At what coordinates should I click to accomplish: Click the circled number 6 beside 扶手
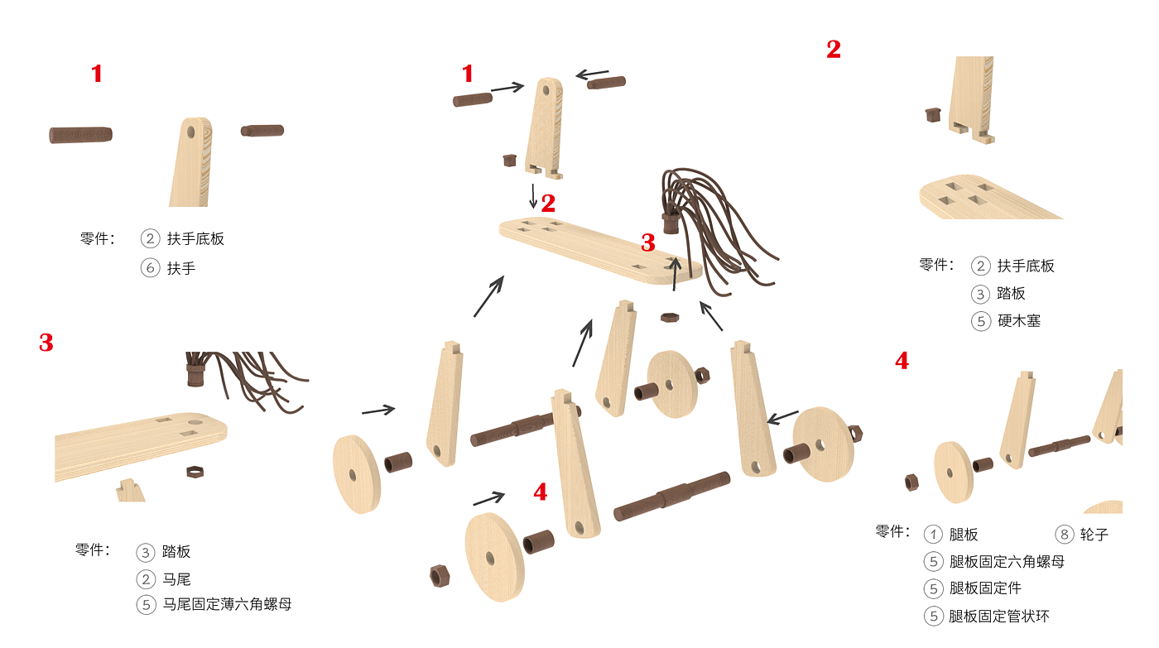coord(150,268)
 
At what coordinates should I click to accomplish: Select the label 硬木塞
coord(1019,320)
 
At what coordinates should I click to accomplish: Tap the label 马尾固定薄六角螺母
coord(227,604)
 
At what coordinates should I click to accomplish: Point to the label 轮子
coord(1094,535)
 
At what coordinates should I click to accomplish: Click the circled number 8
coord(1065,535)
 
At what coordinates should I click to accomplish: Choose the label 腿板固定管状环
coord(999,616)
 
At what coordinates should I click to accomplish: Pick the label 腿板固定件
coord(985,588)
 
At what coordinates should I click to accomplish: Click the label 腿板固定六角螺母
coord(1007,561)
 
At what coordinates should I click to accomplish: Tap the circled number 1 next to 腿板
coord(934,535)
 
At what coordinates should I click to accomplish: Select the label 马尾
coord(176,579)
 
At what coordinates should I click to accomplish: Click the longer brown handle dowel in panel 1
coord(81,135)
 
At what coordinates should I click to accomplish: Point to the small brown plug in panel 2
coord(933,114)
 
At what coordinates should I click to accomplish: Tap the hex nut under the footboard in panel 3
coord(195,472)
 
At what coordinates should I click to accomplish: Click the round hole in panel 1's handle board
coord(191,132)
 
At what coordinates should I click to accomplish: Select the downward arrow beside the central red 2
coord(533,196)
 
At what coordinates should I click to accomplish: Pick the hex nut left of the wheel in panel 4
coord(911,482)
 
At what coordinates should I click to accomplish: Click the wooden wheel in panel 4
coord(953,473)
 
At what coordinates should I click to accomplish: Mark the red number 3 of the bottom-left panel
coord(46,343)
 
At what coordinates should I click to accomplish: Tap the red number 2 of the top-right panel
coord(834,50)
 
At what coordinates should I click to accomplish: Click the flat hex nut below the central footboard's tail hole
coord(670,318)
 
